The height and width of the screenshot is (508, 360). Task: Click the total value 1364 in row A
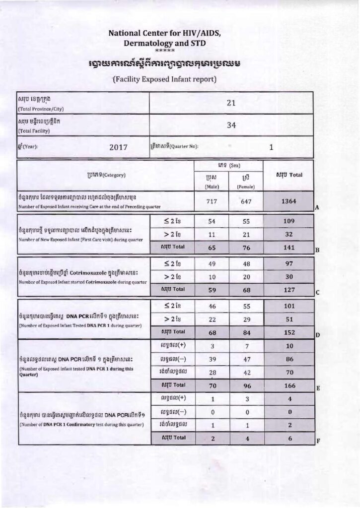[x=288, y=201]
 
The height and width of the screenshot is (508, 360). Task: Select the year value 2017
[x=119, y=147]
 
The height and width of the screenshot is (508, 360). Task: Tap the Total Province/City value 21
[x=231, y=103]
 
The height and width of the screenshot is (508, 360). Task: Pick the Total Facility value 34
[x=231, y=126]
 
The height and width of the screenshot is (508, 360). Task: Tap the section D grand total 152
[x=288, y=332]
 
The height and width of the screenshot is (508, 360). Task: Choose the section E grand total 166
[x=288, y=385]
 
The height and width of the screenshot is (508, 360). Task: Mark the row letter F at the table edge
[x=317, y=441]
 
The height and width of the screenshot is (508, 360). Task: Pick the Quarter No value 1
[x=271, y=147]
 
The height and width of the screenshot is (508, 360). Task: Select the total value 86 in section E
[x=288, y=358]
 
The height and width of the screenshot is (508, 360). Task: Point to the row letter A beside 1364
[x=317, y=208]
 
